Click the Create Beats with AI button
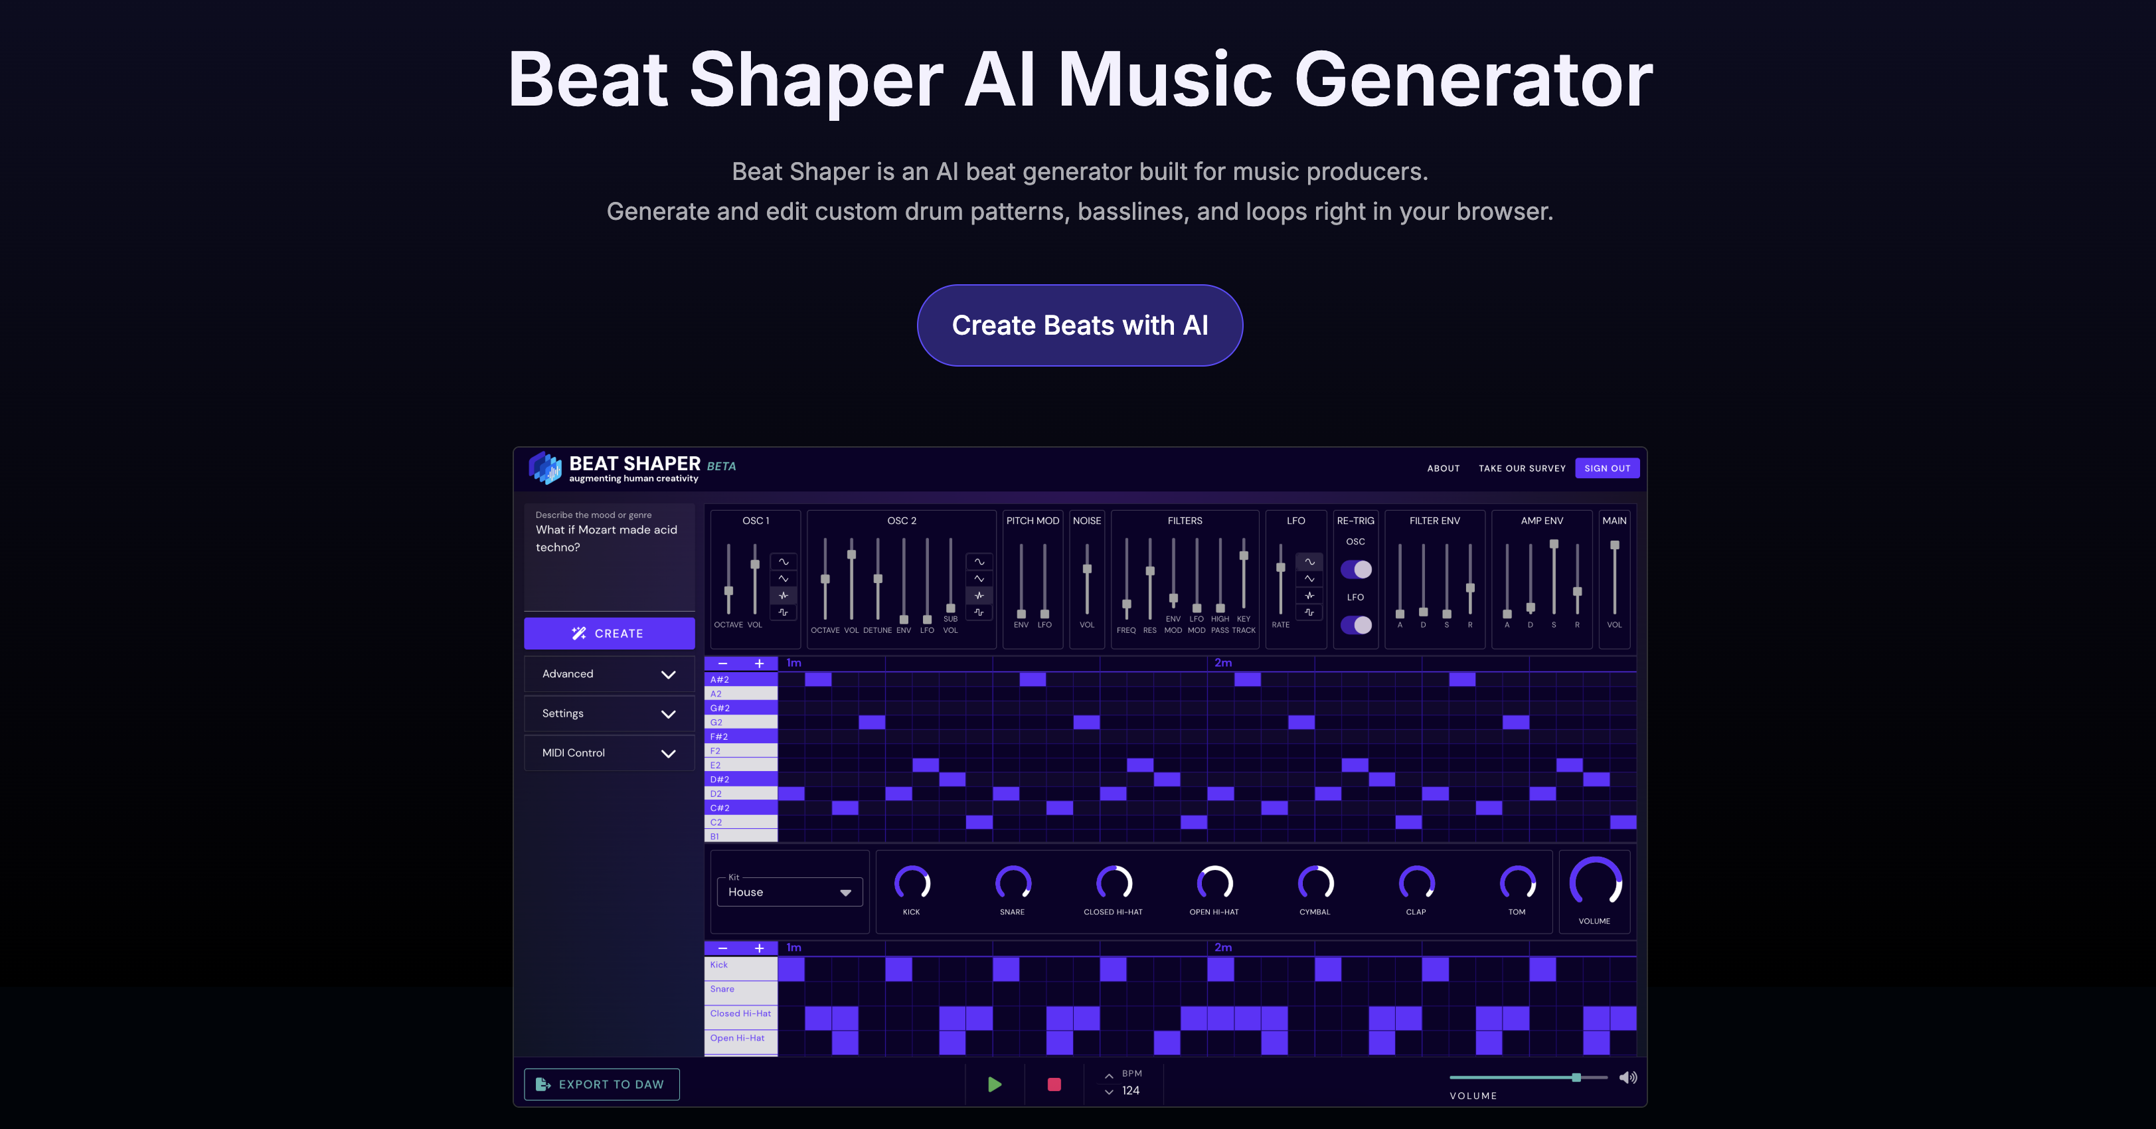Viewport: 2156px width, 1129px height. coord(1079,325)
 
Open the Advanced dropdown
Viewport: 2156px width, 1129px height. coord(608,673)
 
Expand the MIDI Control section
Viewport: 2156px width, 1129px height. coord(608,753)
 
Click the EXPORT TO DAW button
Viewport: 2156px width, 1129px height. coord(601,1084)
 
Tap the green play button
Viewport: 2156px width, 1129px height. coord(994,1085)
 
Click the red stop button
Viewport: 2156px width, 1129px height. coord(1054,1085)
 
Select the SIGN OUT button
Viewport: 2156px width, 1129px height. coord(1606,468)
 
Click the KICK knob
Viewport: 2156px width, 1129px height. coord(912,883)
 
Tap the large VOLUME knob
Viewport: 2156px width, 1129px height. coord(1594,881)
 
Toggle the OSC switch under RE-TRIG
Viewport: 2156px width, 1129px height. coord(1356,569)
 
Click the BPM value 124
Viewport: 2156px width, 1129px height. coord(1131,1090)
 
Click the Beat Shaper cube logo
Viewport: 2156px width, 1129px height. coord(546,468)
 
